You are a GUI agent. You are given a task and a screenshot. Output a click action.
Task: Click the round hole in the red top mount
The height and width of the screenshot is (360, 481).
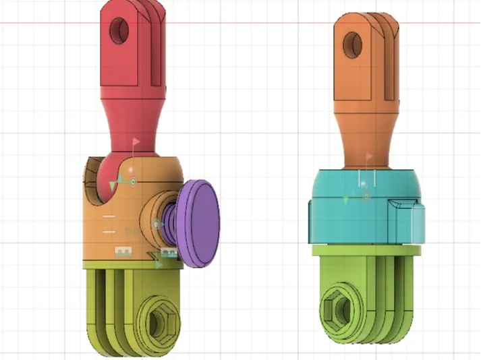pos(121,29)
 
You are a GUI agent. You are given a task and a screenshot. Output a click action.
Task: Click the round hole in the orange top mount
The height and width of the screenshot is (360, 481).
pos(352,45)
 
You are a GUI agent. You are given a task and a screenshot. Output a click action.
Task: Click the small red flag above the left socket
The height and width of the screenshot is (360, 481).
pos(136,143)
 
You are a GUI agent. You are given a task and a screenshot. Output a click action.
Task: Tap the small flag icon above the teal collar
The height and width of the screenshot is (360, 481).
pos(369,156)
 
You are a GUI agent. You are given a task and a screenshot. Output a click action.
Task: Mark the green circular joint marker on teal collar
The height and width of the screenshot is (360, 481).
pos(366,197)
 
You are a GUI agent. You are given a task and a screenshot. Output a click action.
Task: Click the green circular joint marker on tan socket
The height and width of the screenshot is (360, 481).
pos(133,181)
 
